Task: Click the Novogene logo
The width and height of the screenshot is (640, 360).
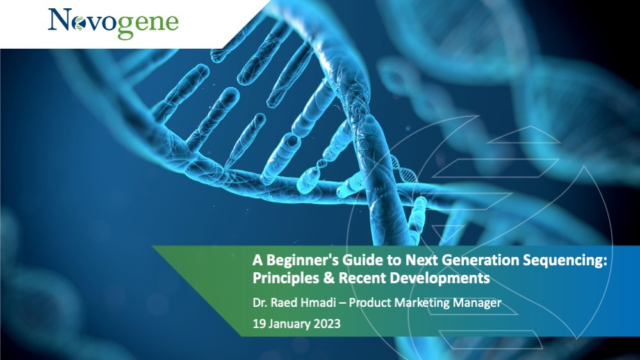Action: click(113, 24)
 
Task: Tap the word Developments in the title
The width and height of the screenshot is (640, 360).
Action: click(440, 279)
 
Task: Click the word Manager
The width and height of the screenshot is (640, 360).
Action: click(477, 304)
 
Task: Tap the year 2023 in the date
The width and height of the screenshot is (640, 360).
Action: click(327, 323)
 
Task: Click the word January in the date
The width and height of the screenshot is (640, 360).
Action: click(289, 324)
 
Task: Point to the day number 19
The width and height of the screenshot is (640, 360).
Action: click(259, 323)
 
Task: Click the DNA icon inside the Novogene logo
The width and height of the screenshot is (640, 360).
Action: click(79, 24)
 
